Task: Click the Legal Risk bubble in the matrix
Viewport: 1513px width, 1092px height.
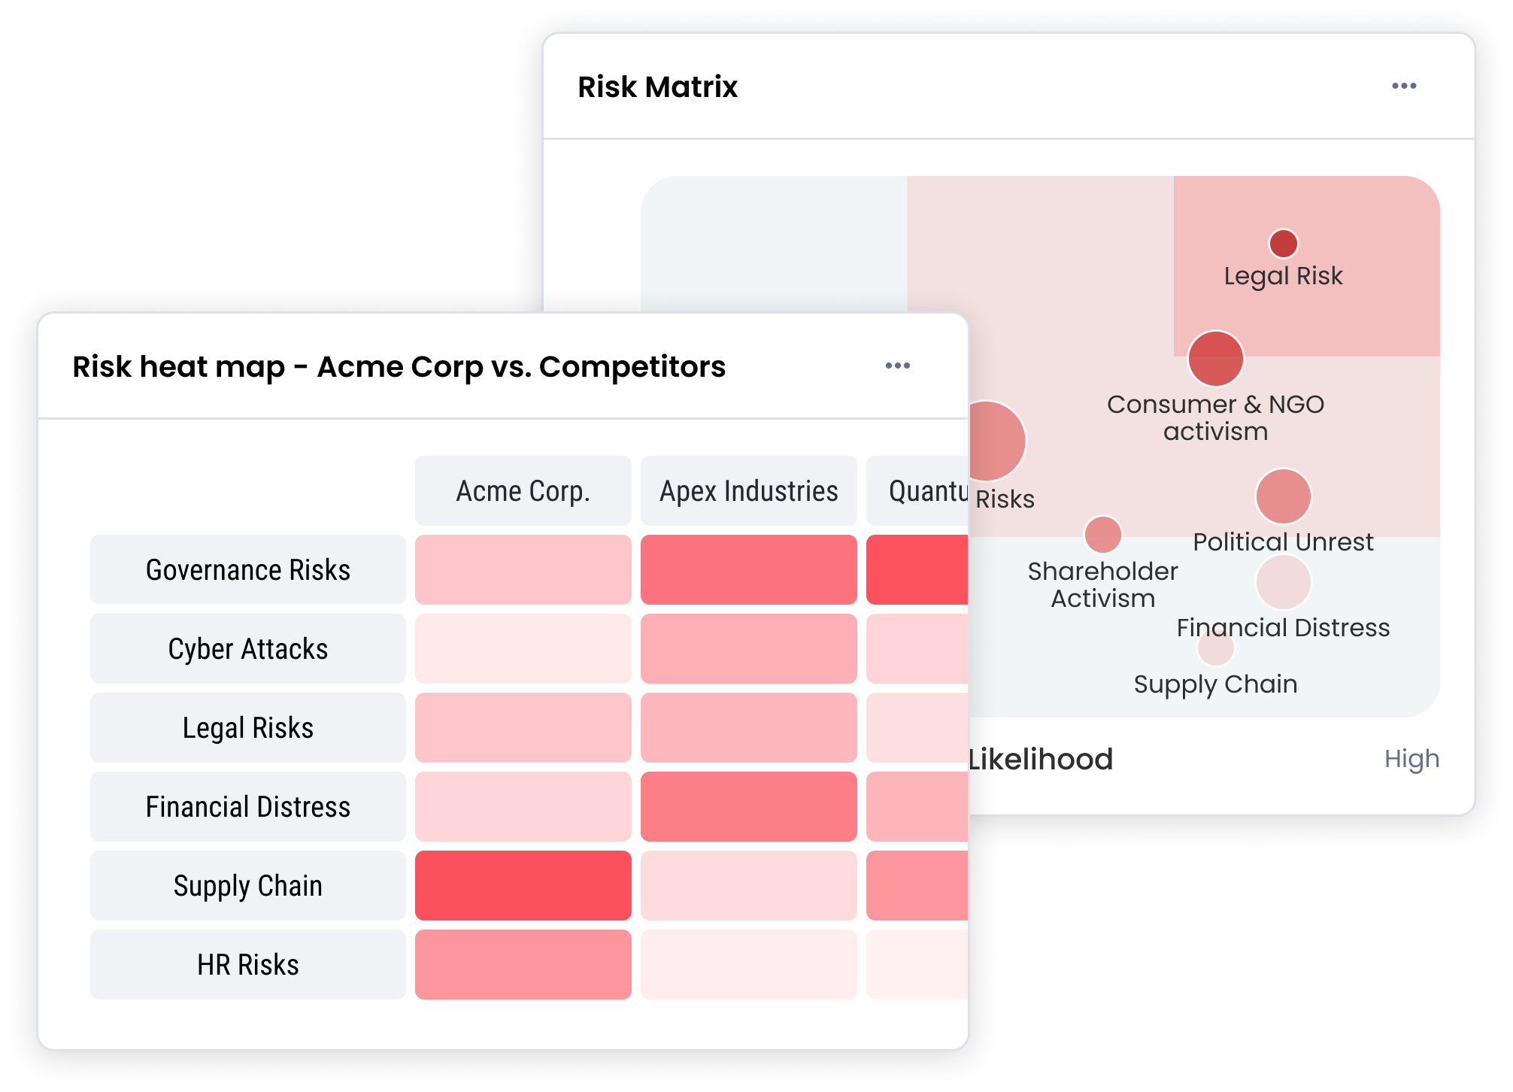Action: pos(1283,244)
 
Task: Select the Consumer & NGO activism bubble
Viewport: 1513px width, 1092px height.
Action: pos(1215,359)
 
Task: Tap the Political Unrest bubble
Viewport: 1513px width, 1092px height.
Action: pos(1283,496)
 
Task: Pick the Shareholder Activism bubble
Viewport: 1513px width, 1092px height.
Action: pos(1102,535)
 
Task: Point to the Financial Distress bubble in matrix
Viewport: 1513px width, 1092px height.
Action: pos(1283,582)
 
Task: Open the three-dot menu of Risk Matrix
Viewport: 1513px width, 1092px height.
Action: pos(1403,86)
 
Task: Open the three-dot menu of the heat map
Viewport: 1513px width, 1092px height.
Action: pos(897,366)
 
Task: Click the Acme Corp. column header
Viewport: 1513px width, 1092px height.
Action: pos(523,491)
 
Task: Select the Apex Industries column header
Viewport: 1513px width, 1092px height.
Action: pos(748,491)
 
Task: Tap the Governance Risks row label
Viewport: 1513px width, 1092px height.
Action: pos(247,570)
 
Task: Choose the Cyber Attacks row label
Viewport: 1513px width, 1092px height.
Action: pos(247,649)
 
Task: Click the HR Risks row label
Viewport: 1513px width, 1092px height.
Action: pos(247,965)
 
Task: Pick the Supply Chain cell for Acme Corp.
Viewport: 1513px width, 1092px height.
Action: pos(523,886)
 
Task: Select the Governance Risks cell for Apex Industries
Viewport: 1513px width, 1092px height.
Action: pos(748,570)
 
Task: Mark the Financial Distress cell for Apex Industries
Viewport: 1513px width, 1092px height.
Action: pos(748,807)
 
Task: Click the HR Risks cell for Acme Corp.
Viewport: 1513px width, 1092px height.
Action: pos(523,965)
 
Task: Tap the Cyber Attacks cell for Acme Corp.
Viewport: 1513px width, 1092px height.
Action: pos(523,649)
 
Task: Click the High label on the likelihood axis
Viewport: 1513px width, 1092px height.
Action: pos(1411,759)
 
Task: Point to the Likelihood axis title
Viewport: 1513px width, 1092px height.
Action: pos(1041,759)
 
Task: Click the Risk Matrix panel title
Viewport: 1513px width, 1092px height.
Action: pos(657,87)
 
